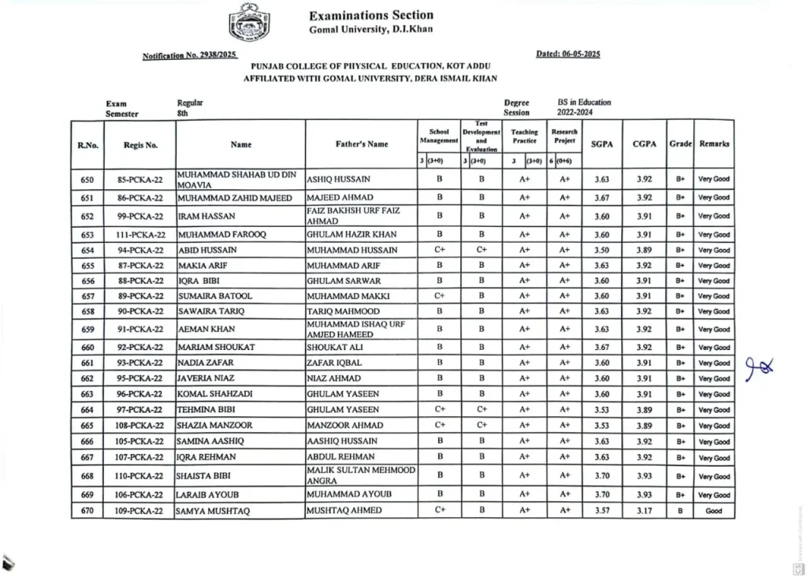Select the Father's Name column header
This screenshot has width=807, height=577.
(x=361, y=144)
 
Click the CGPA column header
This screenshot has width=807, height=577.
(x=644, y=144)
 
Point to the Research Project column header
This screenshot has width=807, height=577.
(x=564, y=136)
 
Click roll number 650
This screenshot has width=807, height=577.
(x=87, y=179)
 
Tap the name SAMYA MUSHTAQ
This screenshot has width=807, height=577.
(x=214, y=511)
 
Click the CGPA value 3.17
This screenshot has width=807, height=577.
(x=644, y=511)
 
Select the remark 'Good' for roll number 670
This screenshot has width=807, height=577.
(x=713, y=511)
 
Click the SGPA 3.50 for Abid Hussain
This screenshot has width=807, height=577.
(x=601, y=250)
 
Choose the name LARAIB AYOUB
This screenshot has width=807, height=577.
(x=208, y=495)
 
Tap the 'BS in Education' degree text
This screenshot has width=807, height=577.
(x=584, y=102)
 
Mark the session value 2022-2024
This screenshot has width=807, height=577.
(x=578, y=113)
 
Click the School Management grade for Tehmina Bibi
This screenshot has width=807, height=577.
(x=440, y=410)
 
